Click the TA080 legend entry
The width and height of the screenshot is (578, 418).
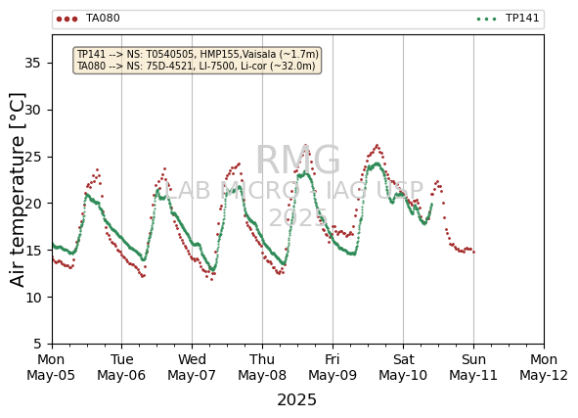point(88,19)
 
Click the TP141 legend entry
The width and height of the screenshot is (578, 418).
point(508,19)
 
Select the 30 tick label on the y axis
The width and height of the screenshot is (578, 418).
point(32,110)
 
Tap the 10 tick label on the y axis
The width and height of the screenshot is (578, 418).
point(32,298)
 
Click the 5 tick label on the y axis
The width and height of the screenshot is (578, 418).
point(37,344)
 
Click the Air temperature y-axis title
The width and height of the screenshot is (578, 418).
point(18,190)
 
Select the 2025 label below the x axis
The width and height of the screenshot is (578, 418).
point(296,400)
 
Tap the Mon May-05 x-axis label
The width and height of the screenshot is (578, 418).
point(51,367)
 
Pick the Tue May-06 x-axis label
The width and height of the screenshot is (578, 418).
point(121,367)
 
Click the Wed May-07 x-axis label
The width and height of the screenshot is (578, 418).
point(192,367)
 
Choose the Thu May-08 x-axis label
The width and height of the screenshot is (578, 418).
point(262,367)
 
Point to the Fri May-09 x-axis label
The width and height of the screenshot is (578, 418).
point(333,367)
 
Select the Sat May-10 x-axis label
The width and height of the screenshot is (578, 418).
point(403,367)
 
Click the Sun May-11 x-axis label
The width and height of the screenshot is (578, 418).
point(473,367)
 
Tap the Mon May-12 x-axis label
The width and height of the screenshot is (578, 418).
point(544,367)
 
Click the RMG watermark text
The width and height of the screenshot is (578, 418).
point(298,161)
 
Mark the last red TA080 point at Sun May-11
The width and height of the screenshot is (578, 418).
point(473,252)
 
